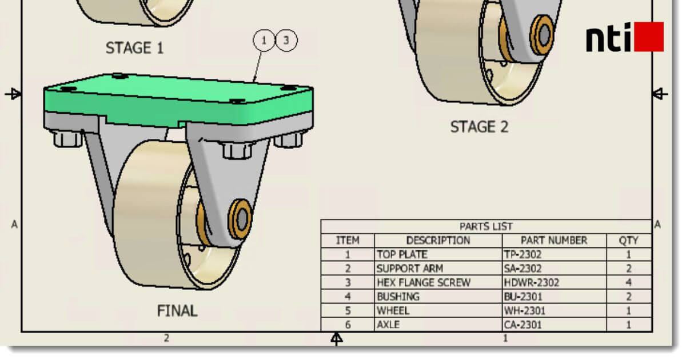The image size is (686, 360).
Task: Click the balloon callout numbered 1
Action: click(x=264, y=41)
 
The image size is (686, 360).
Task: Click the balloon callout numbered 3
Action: click(x=287, y=41)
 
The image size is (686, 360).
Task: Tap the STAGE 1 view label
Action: click(x=134, y=49)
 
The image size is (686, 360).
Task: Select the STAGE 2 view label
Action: click(x=479, y=126)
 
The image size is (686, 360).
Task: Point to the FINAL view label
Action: click(x=177, y=311)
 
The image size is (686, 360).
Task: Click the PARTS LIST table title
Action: click(x=486, y=226)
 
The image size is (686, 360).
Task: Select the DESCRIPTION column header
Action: click(x=438, y=241)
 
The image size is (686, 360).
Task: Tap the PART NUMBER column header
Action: click(x=554, y=241)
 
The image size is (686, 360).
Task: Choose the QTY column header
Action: click(x=628, y=241)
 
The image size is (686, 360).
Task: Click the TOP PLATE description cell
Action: click(x=402, y=254)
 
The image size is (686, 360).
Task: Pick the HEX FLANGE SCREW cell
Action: click(x=424, y=282)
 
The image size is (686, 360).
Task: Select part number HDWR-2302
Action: click(x=532, y=282)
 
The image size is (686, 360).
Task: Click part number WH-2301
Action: click(x=525, y=310)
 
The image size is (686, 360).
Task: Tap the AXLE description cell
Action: click(x=388, y=325)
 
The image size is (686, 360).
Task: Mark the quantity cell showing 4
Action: click(x=628, y=282)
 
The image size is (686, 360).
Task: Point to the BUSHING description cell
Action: click(x=398, y=297)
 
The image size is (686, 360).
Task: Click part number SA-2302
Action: click(x=523, y=268)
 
